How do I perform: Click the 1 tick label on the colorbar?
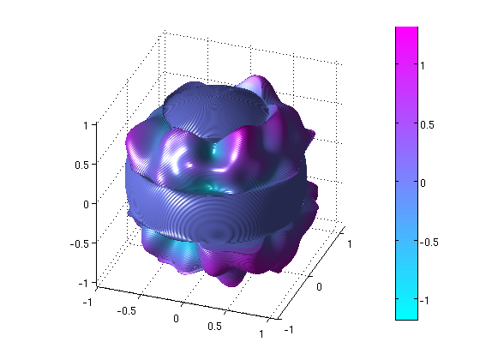[423, 65]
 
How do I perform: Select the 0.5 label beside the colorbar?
[427, 125]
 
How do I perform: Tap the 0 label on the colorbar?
[423, 183]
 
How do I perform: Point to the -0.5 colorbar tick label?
[429, 242]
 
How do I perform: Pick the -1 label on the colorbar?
[424, 301]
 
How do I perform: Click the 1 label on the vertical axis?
[86, 125]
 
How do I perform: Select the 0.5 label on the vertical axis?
[81, 165]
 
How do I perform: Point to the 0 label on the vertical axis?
[86, 204]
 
